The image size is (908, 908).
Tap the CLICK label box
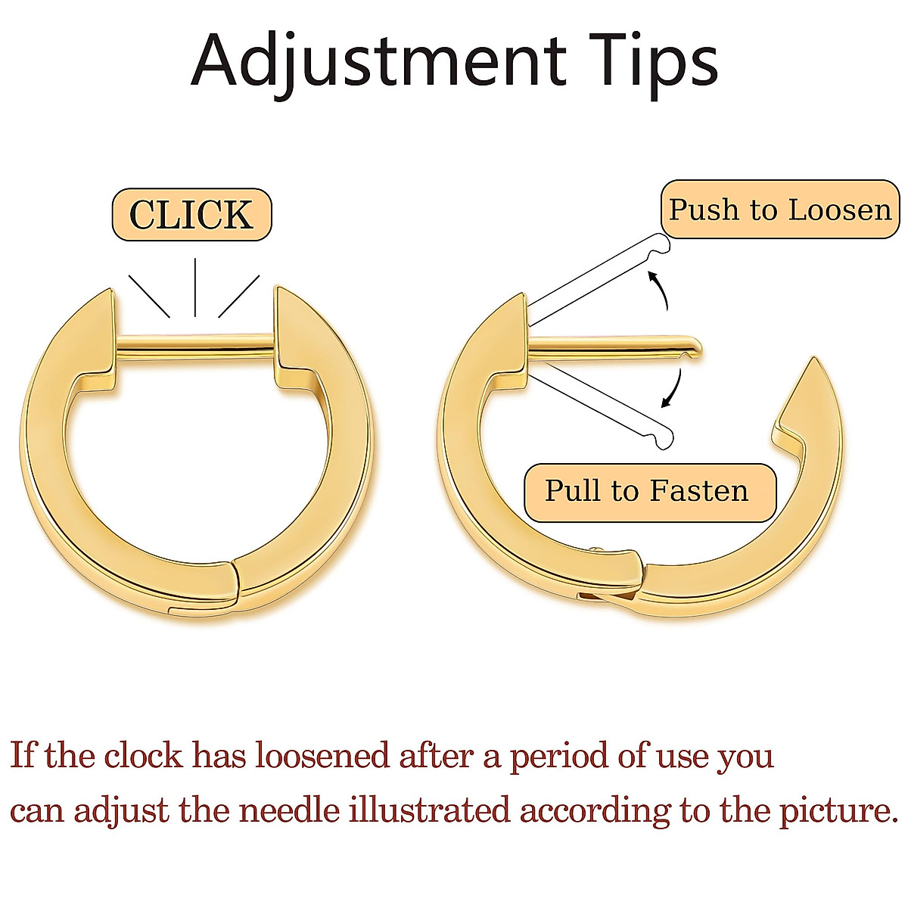pyautogui.click(x=191, y=215)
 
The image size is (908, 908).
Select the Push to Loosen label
pyautogui.click(x=780, y=210)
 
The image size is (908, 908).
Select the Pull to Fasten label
pyautogui.click(x=647, y=491)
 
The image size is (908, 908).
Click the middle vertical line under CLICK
pyautogui.click(x=195, y=288)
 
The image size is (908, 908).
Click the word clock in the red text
pyautogui.click(x=143, y=755)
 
